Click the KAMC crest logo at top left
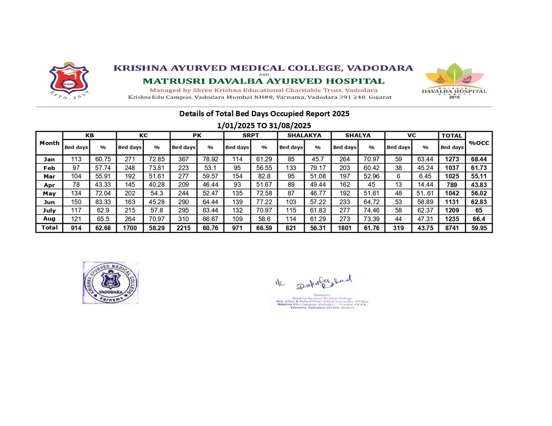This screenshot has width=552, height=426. [x=69, y=80]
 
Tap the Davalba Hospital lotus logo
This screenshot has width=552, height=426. [x=454, y=80]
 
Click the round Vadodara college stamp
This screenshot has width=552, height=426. [x=111, y=283]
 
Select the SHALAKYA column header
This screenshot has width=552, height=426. [x=304, y=135]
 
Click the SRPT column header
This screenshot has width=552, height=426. [x=250, y=135]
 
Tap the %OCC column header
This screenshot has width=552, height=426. [x=479, y=143]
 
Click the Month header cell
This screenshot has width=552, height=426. [x=49, y=143]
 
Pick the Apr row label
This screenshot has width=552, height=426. [x=49, y=185]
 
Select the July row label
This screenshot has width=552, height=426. [x=49, y=210]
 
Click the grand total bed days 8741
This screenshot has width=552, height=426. [x=452, y=228]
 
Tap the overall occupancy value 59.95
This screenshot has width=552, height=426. [x=479, y=228]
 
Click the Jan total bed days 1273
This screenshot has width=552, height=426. [x=452, y=159]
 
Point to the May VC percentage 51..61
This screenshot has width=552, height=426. [x=425, y=193]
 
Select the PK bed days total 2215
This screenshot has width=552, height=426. [x=184, y=228]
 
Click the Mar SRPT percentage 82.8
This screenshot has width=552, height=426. [x=264, y=176]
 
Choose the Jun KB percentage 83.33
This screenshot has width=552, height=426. [x=103, y=202]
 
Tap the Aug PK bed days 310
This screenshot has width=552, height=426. [x=184, y=219]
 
